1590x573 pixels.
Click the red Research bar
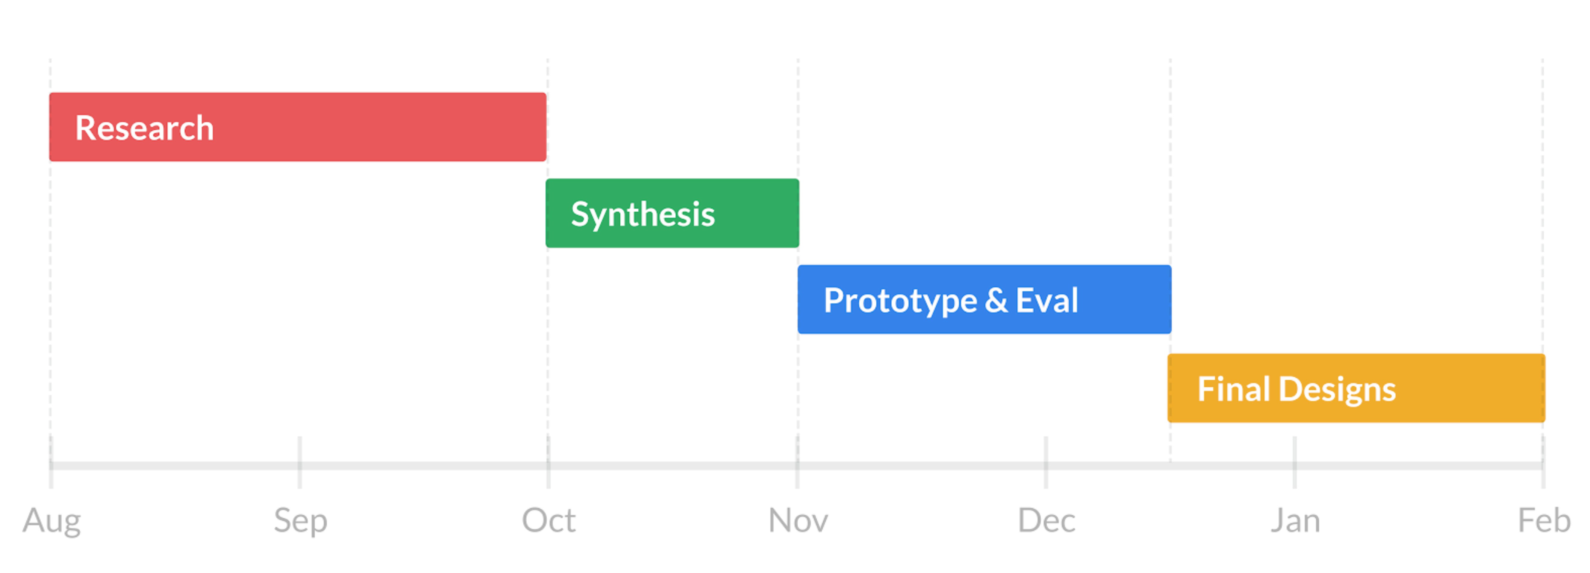(x=297, y=127)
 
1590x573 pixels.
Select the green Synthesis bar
(x=672, y=214)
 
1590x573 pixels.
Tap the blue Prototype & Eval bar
(x=984, y=300)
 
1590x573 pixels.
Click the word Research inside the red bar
(x=144, y=128)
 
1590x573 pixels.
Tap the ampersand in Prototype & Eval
(x=996, y=301)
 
